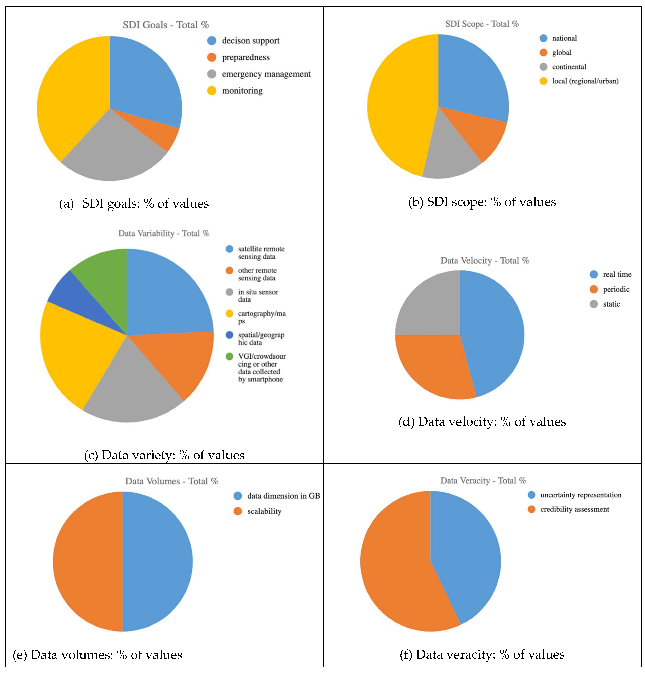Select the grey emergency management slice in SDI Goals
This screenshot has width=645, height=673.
(113, 151)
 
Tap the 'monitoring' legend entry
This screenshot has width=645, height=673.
(242, 91)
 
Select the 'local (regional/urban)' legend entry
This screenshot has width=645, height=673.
(585, 81)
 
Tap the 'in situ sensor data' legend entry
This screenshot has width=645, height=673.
(258, 295)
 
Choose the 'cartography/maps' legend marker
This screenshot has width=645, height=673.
(229, 314)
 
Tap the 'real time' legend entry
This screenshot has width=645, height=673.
(617, 274)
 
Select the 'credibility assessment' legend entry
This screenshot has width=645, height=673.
(574, 509)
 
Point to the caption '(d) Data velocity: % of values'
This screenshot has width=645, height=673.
(482, 422)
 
